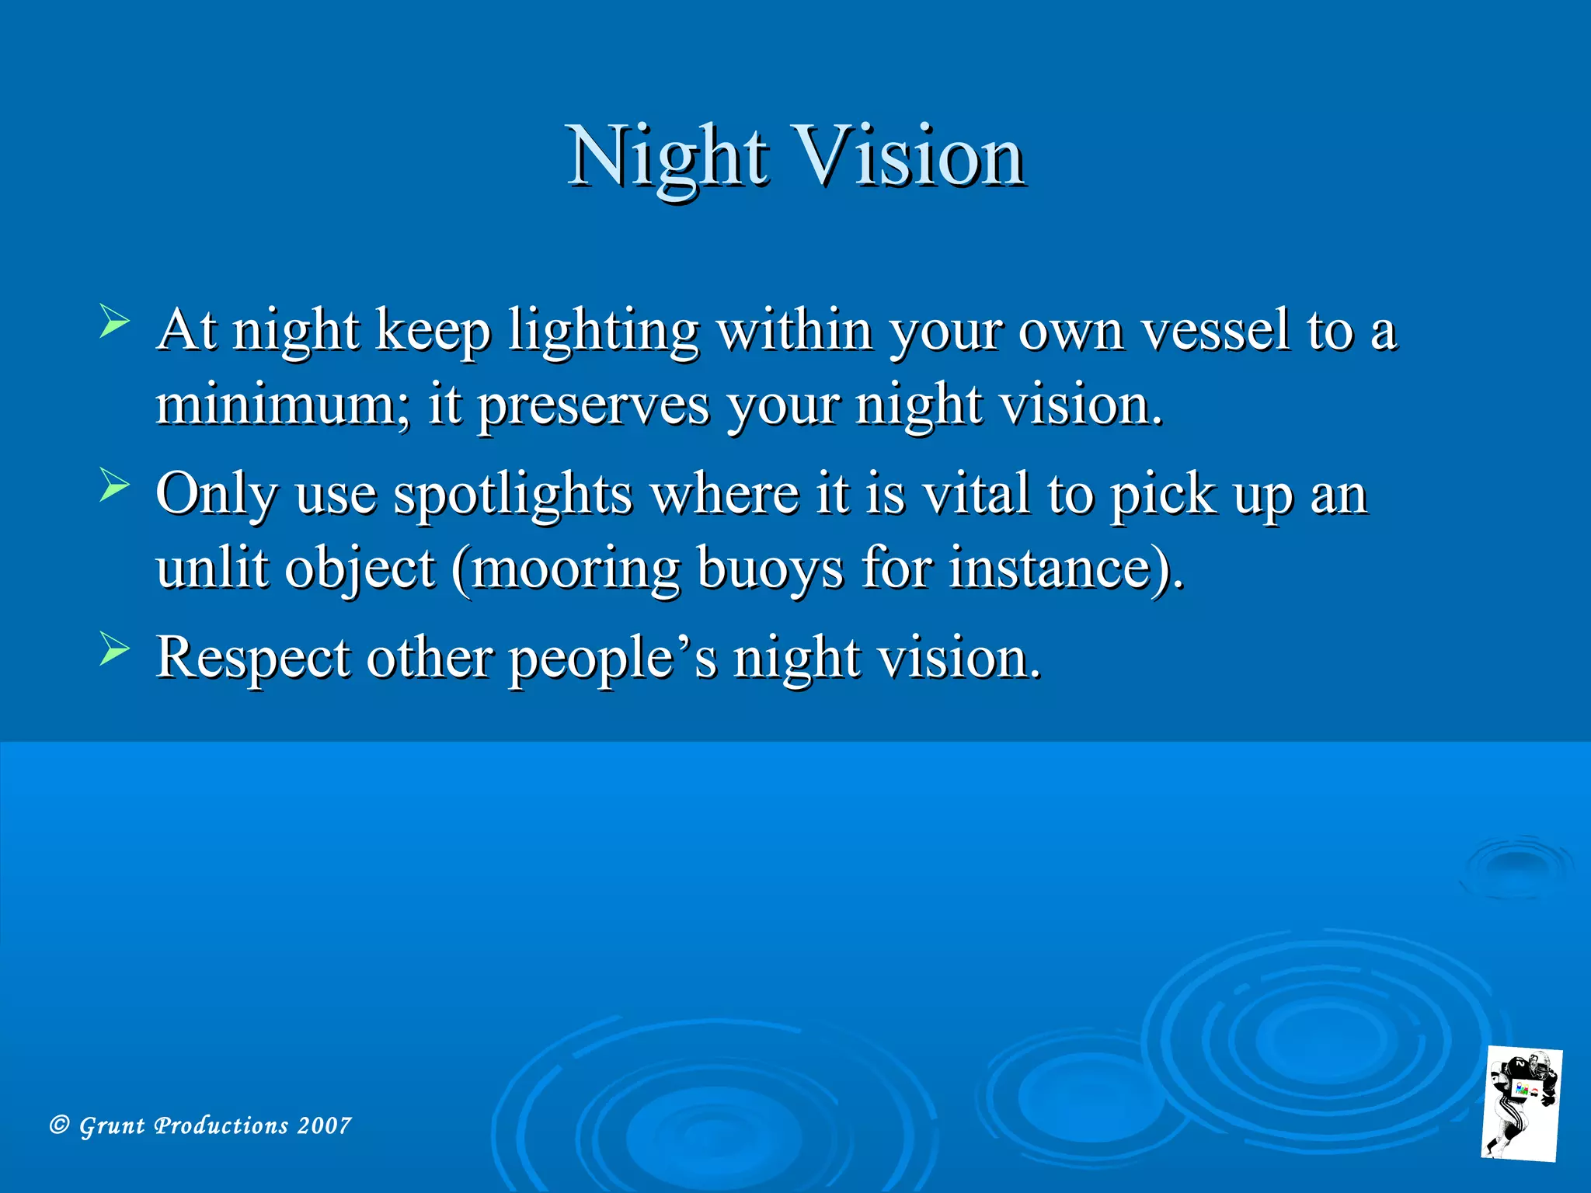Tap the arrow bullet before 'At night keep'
114,322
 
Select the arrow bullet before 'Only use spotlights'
114,486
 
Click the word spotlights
513,495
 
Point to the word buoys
769,569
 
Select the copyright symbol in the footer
59,1125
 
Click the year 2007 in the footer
324,1125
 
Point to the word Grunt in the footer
112,1125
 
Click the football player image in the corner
1521,1104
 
